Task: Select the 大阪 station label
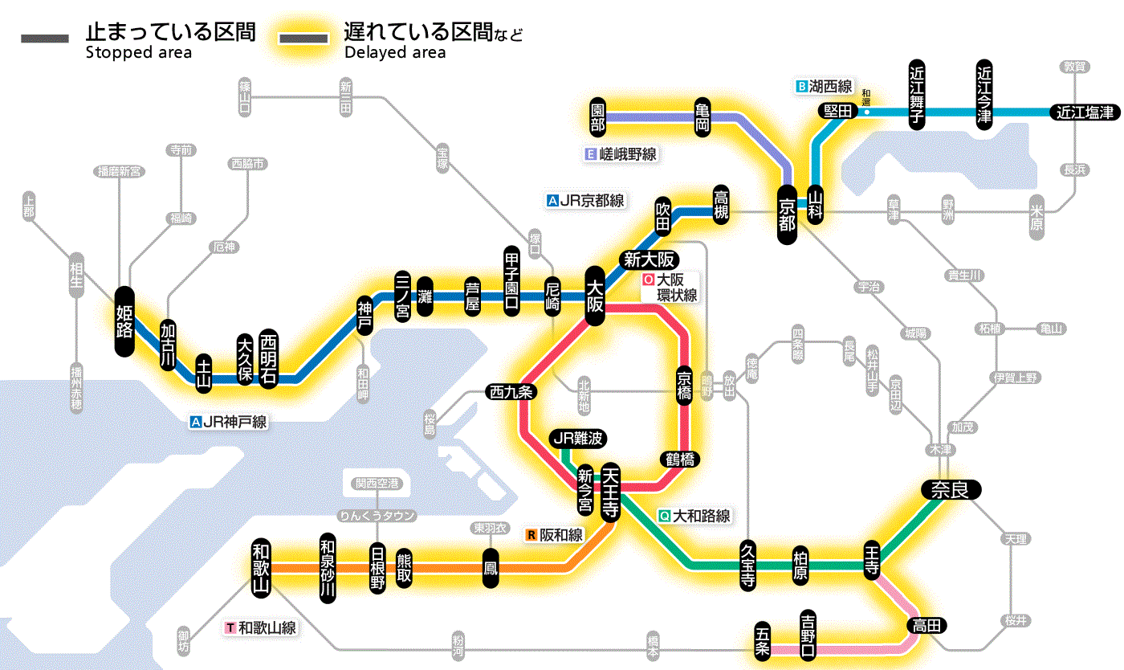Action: click(x=595, y=296)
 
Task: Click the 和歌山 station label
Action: click(x=261, y=566)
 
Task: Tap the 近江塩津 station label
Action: click(x=1085, y=112)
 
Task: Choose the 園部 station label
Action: click(x=597, y=117)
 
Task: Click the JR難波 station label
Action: click(x=577, y=439)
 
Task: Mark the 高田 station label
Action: click(x=926, y=625)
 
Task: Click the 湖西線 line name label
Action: click(x=825, y=86)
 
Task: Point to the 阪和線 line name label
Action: click(x=555, y=535)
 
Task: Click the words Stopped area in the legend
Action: click(x=138, y=53)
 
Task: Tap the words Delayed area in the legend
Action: click(x=394, y=53)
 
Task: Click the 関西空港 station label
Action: click(x=377, y=483)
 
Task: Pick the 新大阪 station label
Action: click(x=650, y=259)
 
